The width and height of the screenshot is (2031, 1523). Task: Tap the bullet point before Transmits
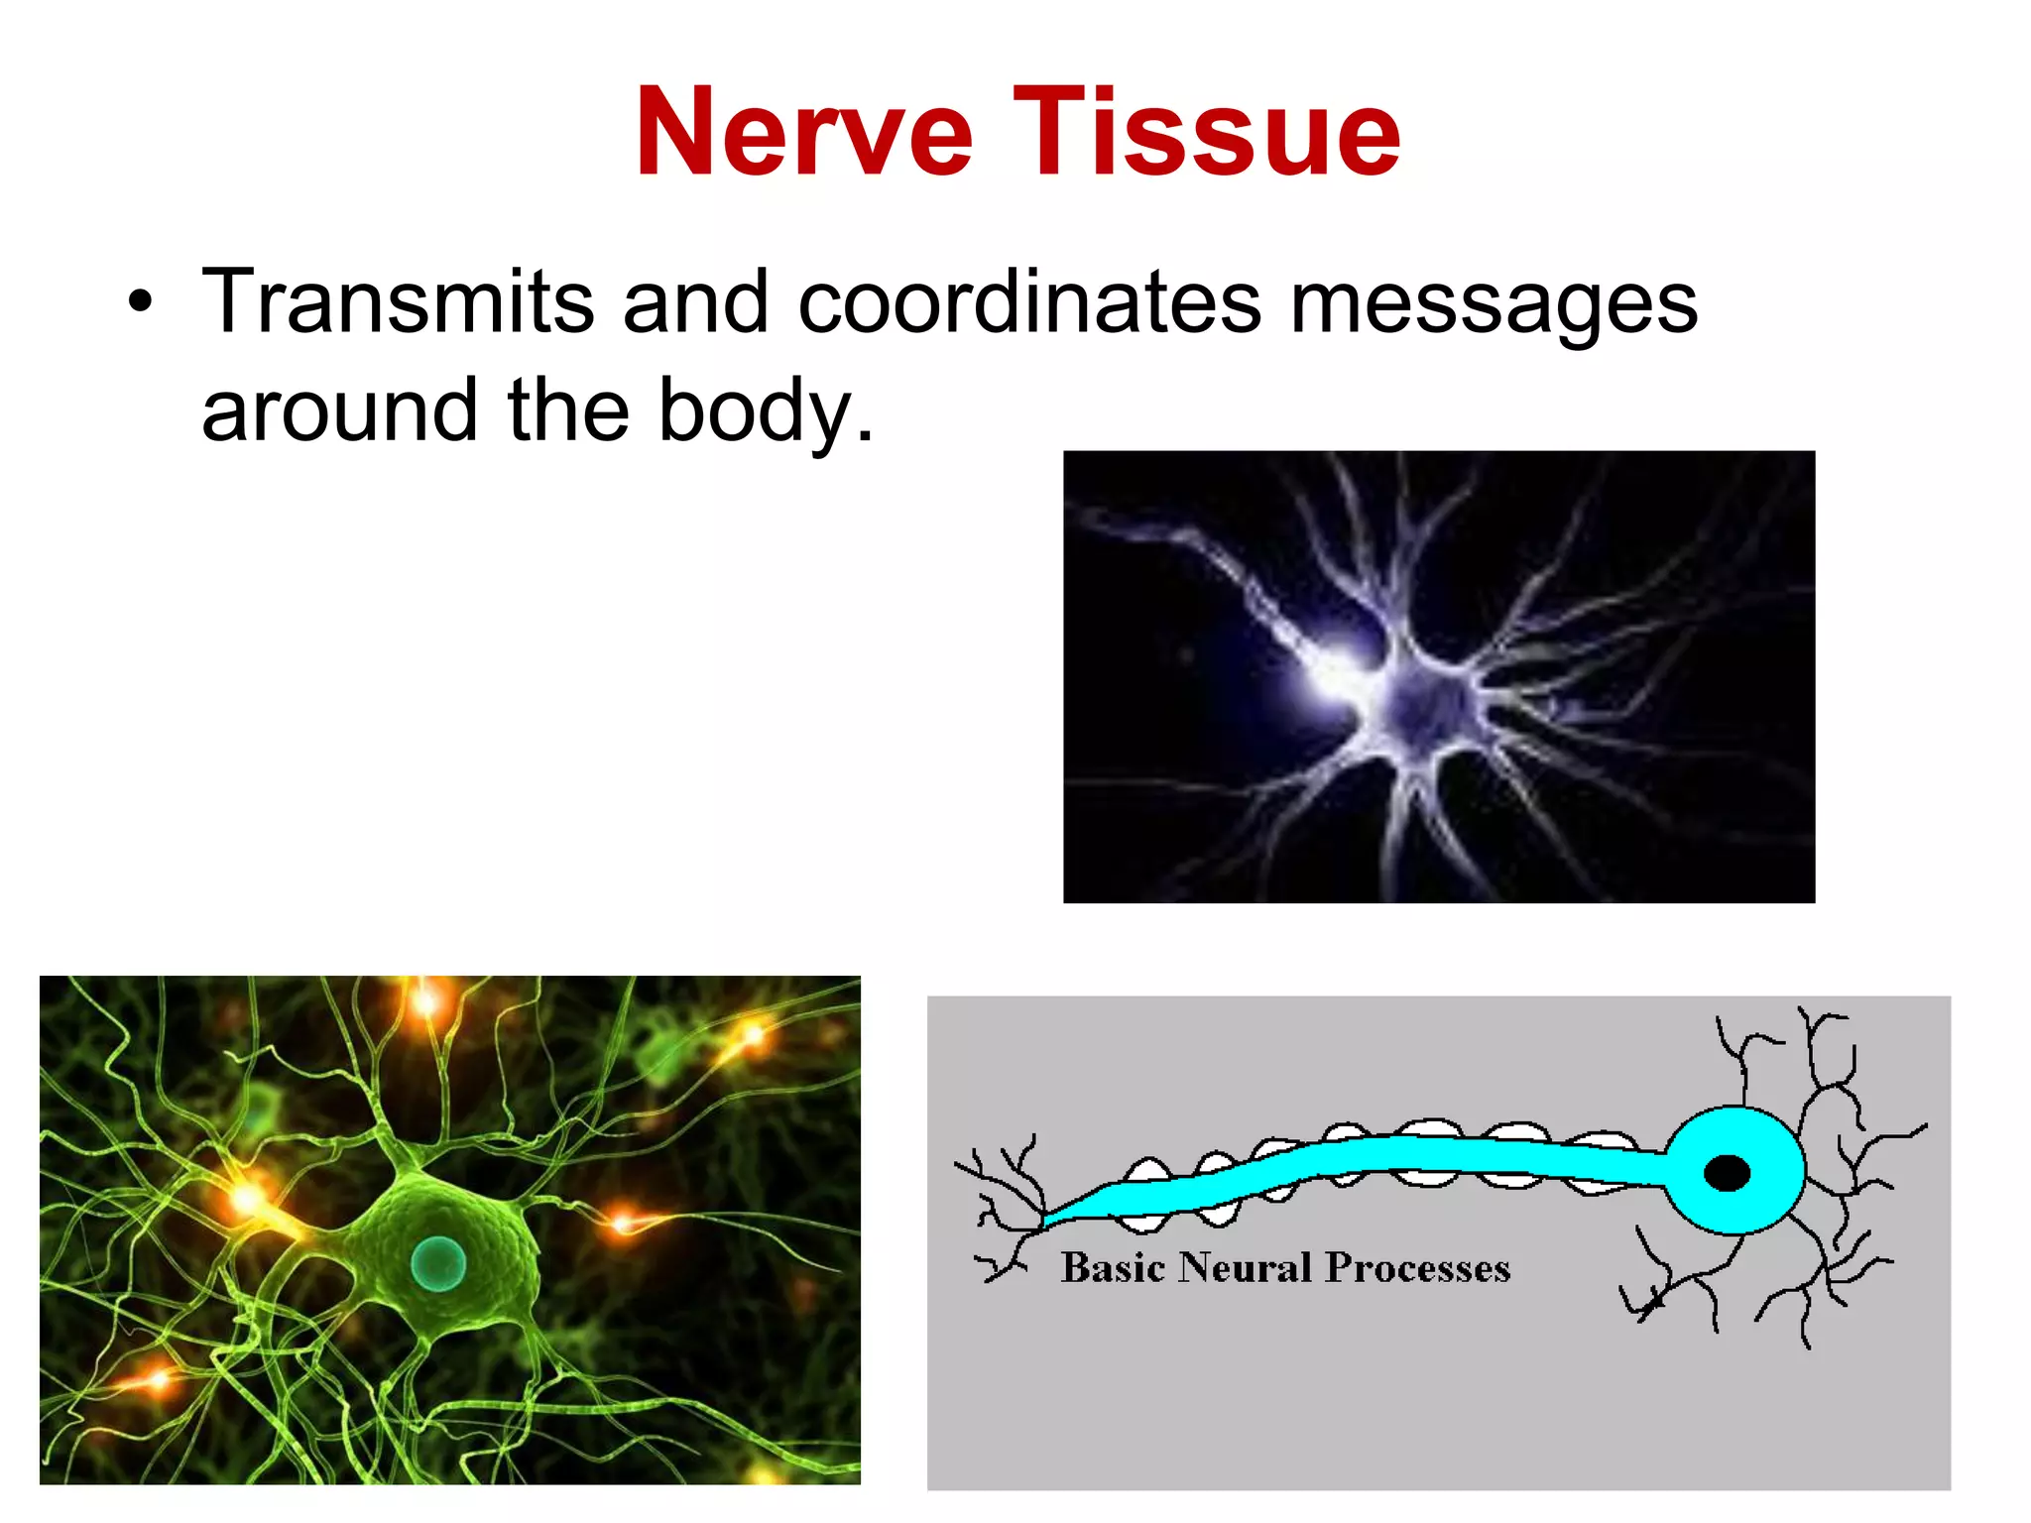(141, 302)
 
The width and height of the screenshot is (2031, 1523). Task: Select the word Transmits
(398, 302)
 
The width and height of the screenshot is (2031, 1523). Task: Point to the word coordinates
(1029, 302)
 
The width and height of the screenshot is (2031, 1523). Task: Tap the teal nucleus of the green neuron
(437, 1263)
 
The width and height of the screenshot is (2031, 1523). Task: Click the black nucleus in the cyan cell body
(1727, 1173)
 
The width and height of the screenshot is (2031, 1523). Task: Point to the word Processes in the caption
(1417, 1268)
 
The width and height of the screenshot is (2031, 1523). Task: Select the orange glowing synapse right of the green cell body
(622, 1222)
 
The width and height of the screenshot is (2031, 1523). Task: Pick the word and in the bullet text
(695, 302)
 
